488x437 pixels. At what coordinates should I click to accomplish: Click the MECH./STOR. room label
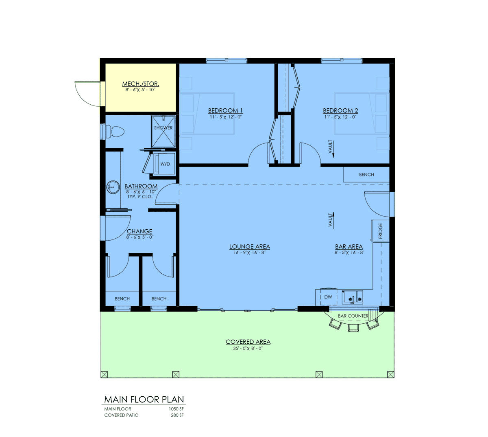click(140, 84)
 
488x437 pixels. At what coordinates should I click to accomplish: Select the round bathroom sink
click(113, 187)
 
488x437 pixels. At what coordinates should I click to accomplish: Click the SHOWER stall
click(163, 132)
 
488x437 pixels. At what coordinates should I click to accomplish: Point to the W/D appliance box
click(165, 164)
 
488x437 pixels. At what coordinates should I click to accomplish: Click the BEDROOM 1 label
click(225, 110)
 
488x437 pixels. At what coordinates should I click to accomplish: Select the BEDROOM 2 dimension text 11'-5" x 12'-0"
click(340, 117)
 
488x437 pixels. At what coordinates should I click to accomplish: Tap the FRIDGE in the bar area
click(380, 231)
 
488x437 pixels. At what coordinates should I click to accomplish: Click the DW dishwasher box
click(328, 297)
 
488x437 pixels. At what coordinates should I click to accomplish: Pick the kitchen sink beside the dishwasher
click(353, 297)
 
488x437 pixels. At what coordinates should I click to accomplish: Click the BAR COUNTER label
click(353, 316)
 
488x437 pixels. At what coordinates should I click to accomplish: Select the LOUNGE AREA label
click(249, 247)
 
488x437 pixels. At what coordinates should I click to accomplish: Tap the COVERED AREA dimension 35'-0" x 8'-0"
click(248, 349)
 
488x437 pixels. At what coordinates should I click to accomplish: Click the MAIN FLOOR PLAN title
click(144, 400)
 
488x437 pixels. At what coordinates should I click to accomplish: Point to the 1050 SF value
click(176, 409)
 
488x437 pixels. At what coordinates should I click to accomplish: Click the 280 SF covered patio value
click(177, 415)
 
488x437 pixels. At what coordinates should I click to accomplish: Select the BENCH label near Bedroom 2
click(366, 174)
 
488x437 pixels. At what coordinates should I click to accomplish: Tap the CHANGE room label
click(139, 231)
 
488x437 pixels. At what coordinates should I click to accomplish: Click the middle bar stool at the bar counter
click(353, 328)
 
